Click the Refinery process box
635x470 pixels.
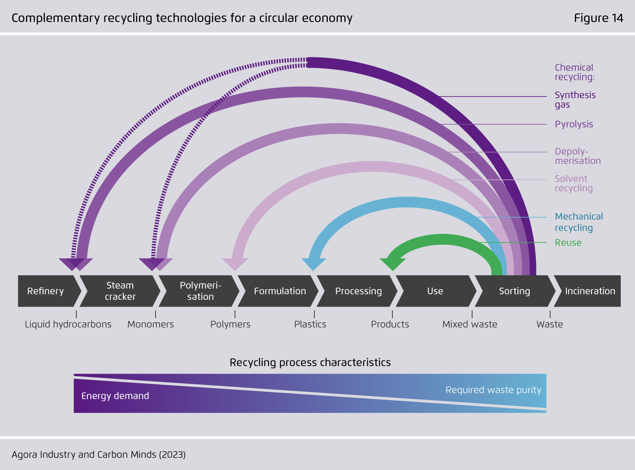(47, 291)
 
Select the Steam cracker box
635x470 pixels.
(120, 291)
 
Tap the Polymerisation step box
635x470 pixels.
(199, 291)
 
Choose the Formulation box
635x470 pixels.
(278, 291)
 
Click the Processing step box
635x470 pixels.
(357, 291)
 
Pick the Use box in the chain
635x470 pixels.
(436, 291)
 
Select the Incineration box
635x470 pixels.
(588, 291)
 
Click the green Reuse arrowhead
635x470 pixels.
(392, 264)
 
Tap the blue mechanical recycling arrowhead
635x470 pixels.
(313, 264)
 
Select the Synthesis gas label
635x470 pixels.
(575, 100)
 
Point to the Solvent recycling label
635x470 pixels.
(574, 184)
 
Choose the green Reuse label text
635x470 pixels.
(568, 243)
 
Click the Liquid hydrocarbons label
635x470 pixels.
(68, 325)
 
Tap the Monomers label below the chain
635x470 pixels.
(151, 325)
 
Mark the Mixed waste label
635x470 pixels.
(470, 325)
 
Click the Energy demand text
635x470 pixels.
(115, 396)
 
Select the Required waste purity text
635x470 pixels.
(493, 390)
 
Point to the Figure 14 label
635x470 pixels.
(598, 18)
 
